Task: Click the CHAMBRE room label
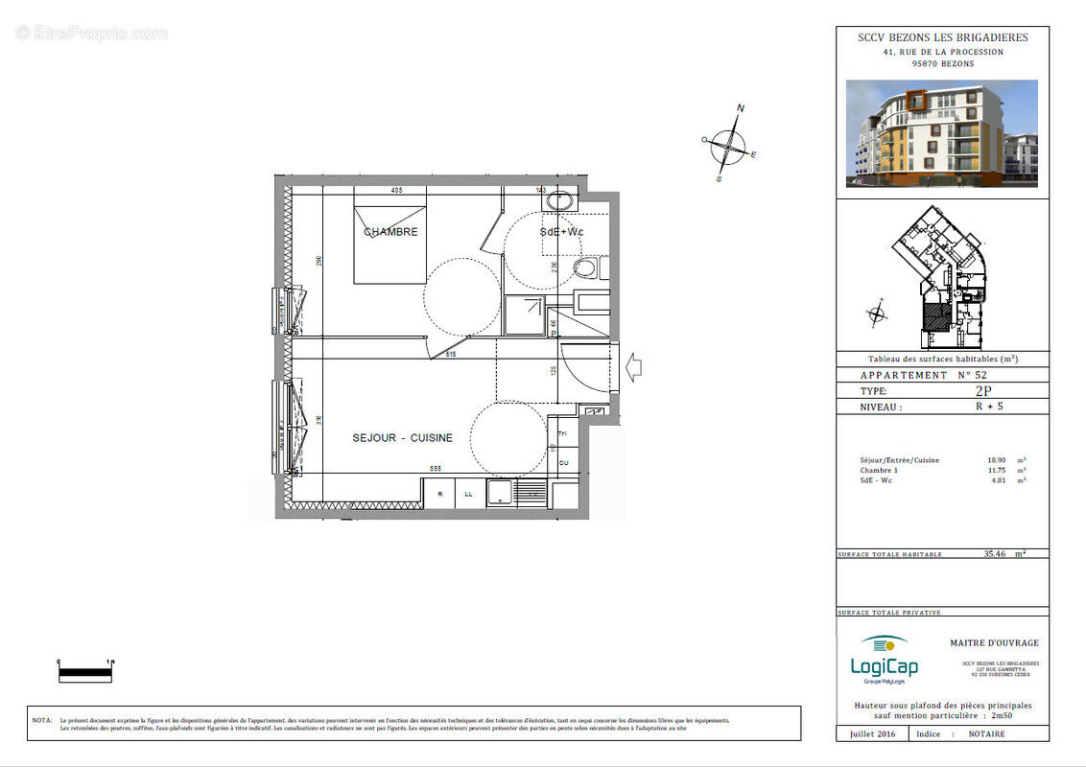click(x=390, y=232)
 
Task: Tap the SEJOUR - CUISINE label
click(x=402, y=438)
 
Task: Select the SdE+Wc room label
click(x=561, y=232)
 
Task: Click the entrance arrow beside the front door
click(x=634, y=367)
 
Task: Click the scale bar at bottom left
click(x=85, y=672)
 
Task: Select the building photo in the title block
click(x=941, y=133)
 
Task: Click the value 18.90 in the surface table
click(x=995, y=460)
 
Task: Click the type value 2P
click(x=982, y=391)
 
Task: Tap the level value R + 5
click(x=983, y=407)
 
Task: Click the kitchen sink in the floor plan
click(x=501, y=493)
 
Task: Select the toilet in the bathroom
click(x=585, y=267)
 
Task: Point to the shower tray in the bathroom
click(x=525, y=314)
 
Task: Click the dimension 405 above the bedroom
click(x=396, y=191)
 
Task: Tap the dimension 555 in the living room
click(x=436, y=469)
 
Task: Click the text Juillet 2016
click(x=872, y=733)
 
